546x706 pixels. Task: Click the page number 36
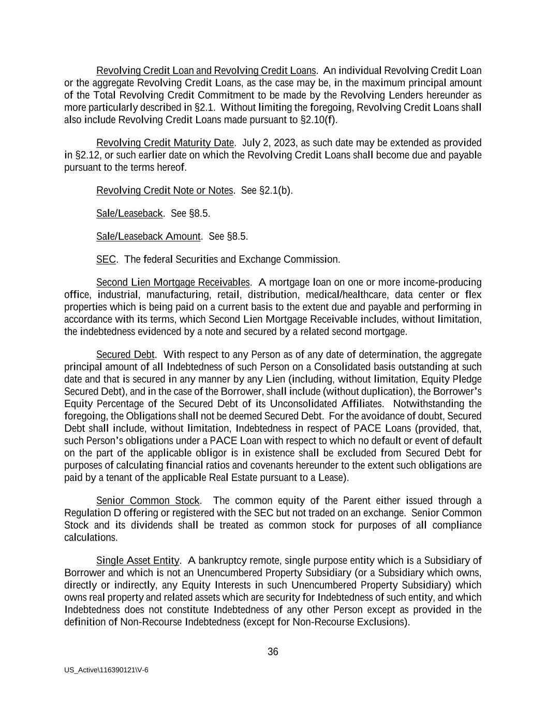(x=273, y=652)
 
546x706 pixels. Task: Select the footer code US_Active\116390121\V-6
(x=107, y=670)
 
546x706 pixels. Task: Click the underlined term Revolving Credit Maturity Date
(x=166, y=143)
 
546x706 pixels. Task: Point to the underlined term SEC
(x=106, y=259)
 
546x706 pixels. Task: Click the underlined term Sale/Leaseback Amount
(x=149, y=236)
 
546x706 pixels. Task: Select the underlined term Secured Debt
(x=125, y=354)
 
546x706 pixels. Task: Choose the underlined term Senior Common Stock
(x=148, y=500)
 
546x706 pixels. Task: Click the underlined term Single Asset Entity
(x=138, y=560)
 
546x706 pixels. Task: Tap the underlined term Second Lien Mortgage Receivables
(x=173, y=282)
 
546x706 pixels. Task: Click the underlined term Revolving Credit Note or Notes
(x=165, y=190)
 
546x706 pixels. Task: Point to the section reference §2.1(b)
(x=275, y=190)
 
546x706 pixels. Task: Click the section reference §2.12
(x=83, y=155)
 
